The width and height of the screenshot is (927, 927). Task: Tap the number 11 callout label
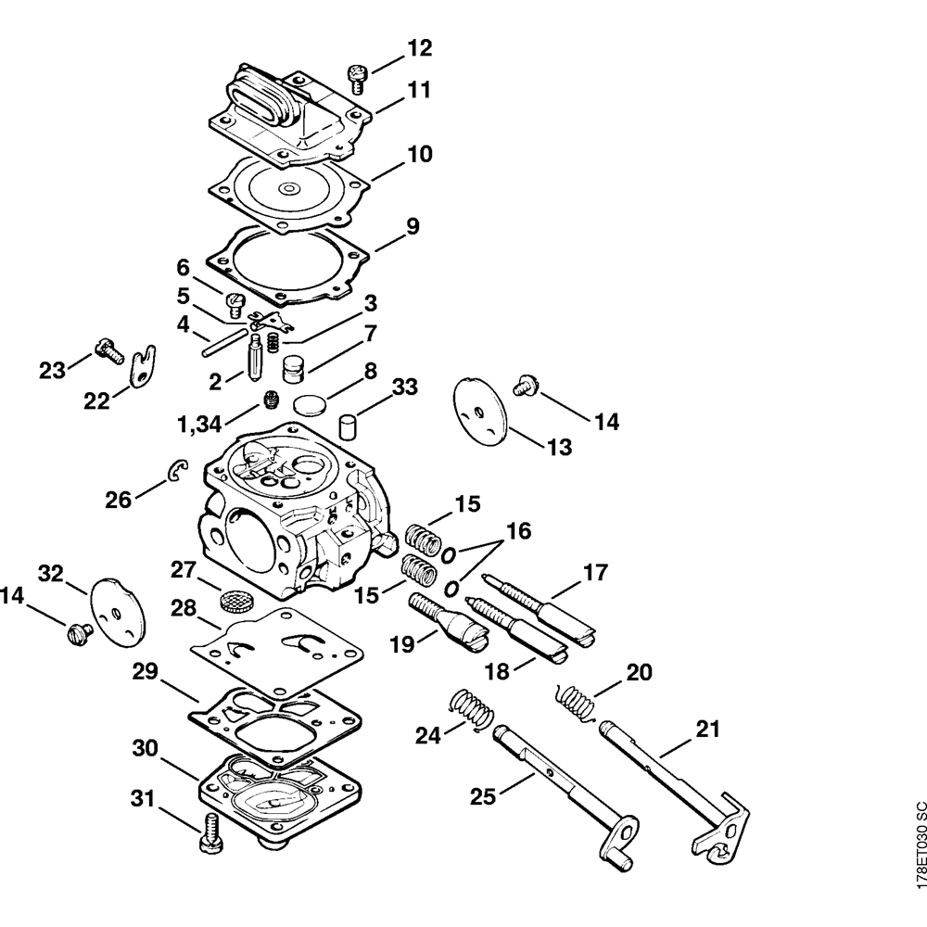tap(420, 91)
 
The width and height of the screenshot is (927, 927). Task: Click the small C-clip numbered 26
tap(178, 472)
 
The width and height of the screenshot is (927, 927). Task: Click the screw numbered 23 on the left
tap(108, 352)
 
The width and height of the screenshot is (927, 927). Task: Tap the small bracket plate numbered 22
tap(144, 364)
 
